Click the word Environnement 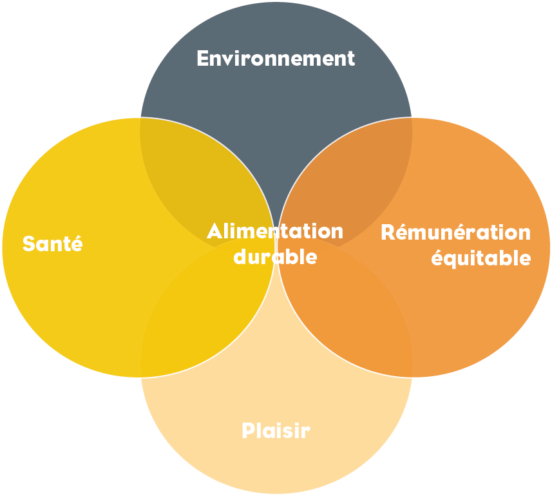[x=276, y=59]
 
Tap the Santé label [x=53, y=244]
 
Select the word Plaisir [x=276, y=430]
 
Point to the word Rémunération [x=455, y=232]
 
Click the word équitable [x=481, y=258]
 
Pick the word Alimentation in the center [x=275, y=231]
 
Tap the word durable [x=275, y=256]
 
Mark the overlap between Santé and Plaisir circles [x=193, y=322]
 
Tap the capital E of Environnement [x=202, y=59]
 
